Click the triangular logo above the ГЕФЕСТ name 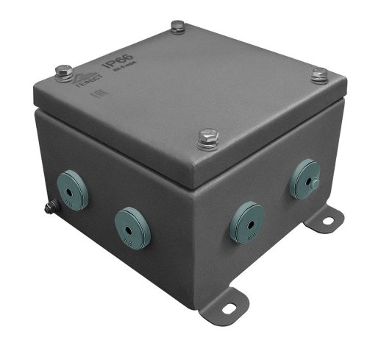(83, 76)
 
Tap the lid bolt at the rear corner (177, 28)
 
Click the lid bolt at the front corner (207, 136)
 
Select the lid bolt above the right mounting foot (318, 74)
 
